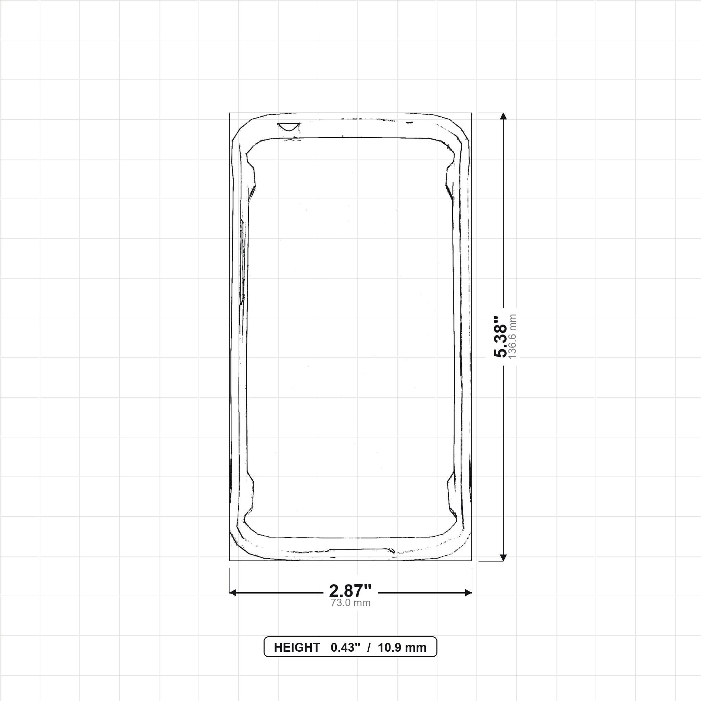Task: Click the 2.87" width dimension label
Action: pos(350,591)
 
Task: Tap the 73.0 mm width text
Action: pos(350,603)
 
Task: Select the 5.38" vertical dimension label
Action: pos(500,336)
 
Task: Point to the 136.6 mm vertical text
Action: pos(512,336)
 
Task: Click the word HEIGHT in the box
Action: pos(297,648)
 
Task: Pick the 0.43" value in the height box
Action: pos(345,648)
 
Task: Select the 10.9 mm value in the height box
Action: pos(402,648)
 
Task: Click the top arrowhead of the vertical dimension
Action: pos(503,116)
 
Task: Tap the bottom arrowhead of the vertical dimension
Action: pos(503,558)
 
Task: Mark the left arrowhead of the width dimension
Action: pos(233,592)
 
